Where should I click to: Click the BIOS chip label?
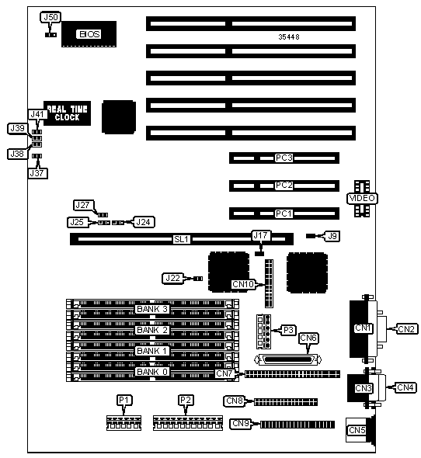point(89,34)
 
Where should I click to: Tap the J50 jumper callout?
point(50,17)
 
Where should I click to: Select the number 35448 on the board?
point(288,36)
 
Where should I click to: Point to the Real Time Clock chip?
point(67,113)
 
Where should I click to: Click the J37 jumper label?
point(37,173)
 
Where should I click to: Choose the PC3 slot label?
point(284,158)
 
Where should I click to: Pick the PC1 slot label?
point(284,213)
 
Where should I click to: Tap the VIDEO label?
point(362,198)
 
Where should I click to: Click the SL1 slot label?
point(182,239)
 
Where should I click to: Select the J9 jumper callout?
point(332,236)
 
